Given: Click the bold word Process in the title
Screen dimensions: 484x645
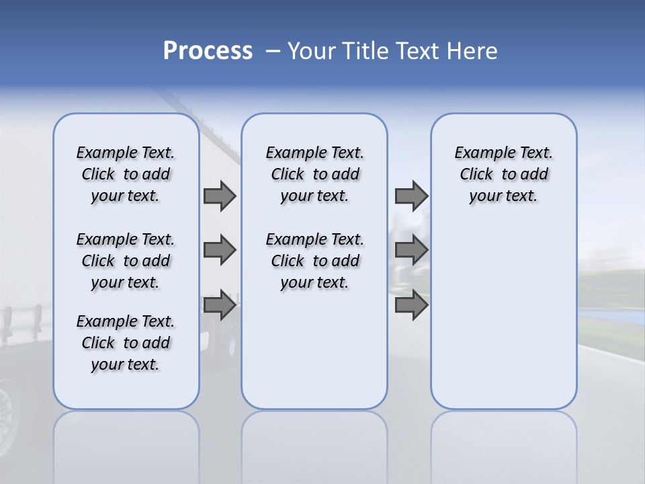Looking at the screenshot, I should tap(208, 51).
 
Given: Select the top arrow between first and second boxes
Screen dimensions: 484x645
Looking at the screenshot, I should tap(220, 196).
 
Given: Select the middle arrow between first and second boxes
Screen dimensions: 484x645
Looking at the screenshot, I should tap(220, 250).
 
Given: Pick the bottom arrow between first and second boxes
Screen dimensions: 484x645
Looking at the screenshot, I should tap(220, 305).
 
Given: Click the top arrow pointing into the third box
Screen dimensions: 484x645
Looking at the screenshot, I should tap(411, 196).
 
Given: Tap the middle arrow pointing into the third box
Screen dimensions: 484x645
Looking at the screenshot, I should tap(411, 250).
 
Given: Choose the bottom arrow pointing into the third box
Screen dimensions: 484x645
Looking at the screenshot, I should tap(411, 305).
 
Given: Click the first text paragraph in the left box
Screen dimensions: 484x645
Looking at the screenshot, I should tap(126, 174).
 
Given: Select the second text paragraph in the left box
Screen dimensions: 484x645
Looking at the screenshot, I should tap(126, 261).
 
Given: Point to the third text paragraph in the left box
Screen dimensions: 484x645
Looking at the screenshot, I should tap(126, 343).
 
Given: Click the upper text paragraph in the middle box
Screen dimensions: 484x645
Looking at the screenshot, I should tap(314, 174).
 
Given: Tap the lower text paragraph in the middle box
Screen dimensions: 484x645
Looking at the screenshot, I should tap(314, 261).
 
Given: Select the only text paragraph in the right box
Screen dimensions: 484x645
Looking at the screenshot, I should tap(503, 174).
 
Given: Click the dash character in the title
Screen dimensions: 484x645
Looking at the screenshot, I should tap(273, 52).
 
